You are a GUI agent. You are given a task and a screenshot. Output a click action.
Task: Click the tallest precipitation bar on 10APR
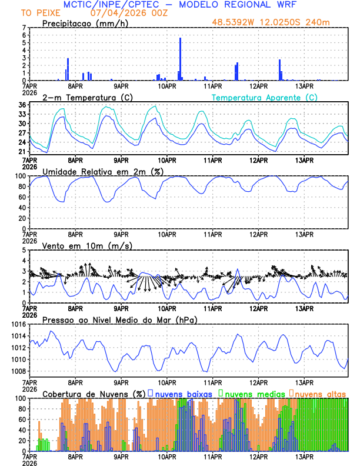tap(180, 59)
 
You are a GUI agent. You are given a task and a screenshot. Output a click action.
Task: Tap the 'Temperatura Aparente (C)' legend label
tap(264, 97)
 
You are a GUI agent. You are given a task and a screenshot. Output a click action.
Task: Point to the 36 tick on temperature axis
tap(22, 105)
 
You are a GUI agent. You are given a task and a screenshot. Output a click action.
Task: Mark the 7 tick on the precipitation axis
tap(24, 28)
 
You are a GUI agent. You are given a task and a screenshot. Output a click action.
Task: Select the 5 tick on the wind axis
tap(24, 250)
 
